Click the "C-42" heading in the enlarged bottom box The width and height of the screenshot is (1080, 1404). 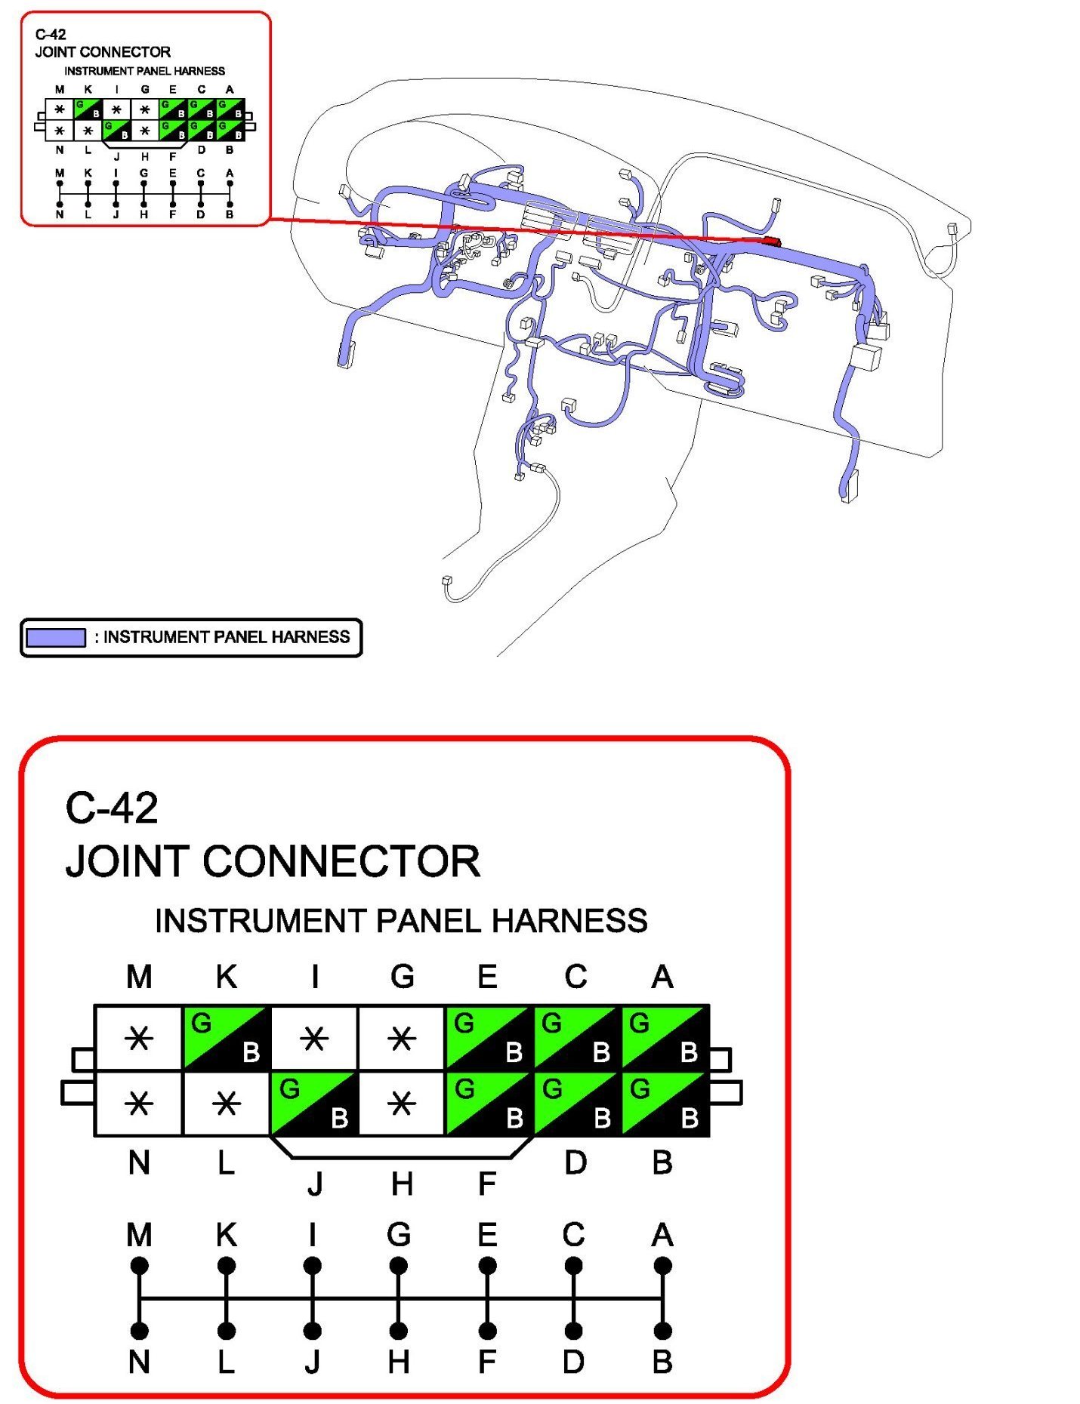click(112, 808)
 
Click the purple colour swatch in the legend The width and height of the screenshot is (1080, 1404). click(56, 638)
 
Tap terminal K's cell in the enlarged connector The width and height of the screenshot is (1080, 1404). click(227, 1038)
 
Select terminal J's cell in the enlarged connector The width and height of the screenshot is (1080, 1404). click(314, 1104)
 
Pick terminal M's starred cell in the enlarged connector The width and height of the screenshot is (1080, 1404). click(139, 1039)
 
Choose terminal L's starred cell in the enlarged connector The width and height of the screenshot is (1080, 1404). click(227, 1104)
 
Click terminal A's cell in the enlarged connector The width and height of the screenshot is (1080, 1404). click(665, 1038)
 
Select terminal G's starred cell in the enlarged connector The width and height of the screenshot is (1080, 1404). click(402, 1039)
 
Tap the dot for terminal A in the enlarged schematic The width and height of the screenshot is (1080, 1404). click(662, 1266)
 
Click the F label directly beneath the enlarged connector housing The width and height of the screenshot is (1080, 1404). click(487, 1184)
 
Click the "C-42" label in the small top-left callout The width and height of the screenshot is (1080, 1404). click(51, 34)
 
